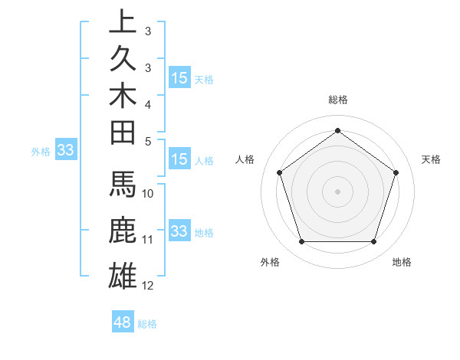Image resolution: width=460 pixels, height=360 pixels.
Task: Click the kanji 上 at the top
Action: (x=123, y=21)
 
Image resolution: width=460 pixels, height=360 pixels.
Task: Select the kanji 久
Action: (x=123, y=58)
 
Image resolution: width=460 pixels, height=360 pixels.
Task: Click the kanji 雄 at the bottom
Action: (x=123, y=275)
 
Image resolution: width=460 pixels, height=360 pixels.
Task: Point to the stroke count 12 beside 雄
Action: (x=148, y=286)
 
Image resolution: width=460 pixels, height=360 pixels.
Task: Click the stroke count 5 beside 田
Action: (x=148, y=141)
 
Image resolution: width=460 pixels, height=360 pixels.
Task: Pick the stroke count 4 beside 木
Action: (x=148, y=103)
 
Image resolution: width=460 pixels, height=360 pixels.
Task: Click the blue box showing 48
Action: (x=122, y=322)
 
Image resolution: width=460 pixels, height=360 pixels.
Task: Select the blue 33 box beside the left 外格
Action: (x=65, y=151)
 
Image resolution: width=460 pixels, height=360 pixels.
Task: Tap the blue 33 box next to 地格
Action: (x=179, y=231)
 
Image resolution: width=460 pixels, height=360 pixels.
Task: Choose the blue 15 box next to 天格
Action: (x=179, y=78)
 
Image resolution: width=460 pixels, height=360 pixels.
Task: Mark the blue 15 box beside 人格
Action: (x=179, y=160)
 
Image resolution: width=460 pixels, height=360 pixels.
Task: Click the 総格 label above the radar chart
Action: (x=337, y=100)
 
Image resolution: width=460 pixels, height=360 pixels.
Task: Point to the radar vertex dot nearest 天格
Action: (x=396, y=172)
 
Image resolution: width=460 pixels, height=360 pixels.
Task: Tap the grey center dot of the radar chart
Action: (x=337, y=191)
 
